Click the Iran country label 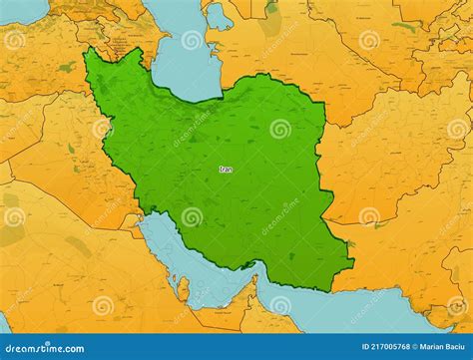pyautogui.click(x=226, y=170)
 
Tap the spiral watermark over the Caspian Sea pyautogui.click(x=192, y=41)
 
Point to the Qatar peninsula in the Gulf pyautogui.click(x=184, y=289)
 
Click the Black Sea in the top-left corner pyautogui.click(x=20, y=10)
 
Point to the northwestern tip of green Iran pyautogui.click(x=88, y=50)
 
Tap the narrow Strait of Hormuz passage pyautogui.click(x=257, y=272)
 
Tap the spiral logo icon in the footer pyautogui.click(x=7, y=348)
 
